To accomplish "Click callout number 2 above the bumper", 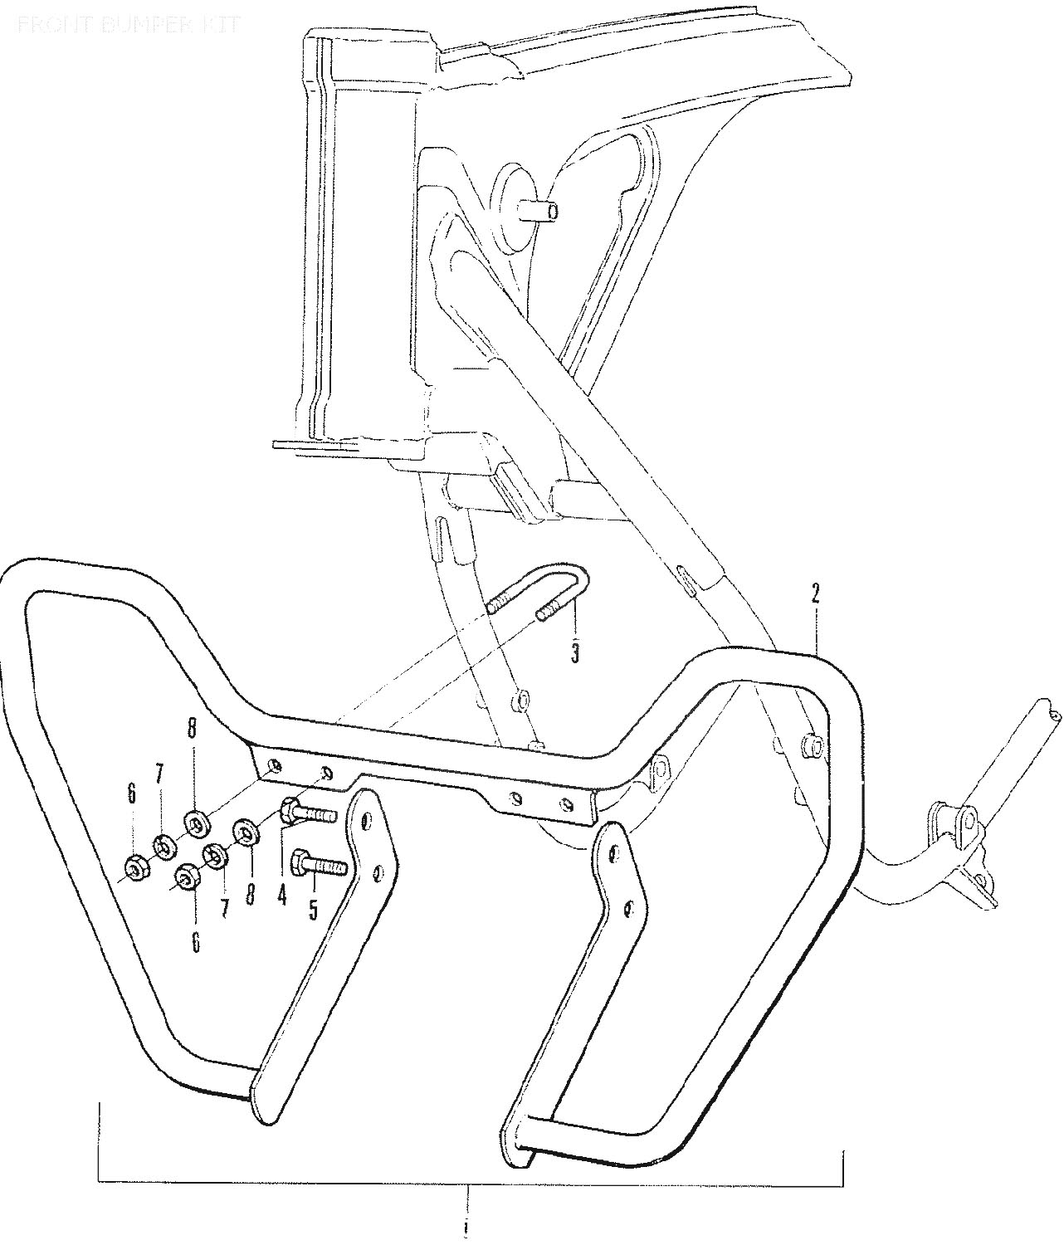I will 815,593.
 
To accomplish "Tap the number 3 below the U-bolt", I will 574,653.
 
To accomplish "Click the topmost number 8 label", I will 193,728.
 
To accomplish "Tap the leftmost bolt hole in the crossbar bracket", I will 276,764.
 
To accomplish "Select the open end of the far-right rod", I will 1052,713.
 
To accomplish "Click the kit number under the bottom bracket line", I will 467,1226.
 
